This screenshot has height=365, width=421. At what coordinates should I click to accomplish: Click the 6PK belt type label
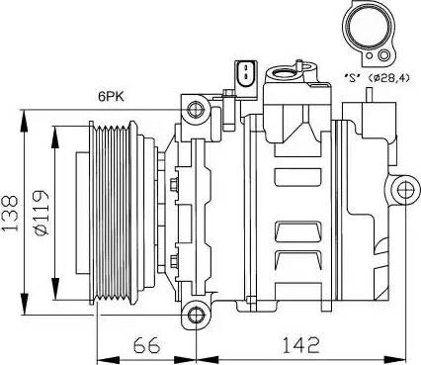(x=111, y=97)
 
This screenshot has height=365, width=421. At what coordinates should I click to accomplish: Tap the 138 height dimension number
(x=10, y=214)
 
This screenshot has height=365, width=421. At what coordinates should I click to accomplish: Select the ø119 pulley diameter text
(x=42, y=213)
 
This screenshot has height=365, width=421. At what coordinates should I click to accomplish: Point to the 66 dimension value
(x=146, y=345)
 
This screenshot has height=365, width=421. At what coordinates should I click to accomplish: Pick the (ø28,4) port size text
(x=388, y=78)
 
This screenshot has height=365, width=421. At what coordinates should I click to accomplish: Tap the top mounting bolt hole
(x=196, y=110)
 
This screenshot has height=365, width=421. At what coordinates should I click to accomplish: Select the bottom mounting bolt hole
(x=197, y=315)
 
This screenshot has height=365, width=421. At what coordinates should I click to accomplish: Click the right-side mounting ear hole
(x=404, y=190)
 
